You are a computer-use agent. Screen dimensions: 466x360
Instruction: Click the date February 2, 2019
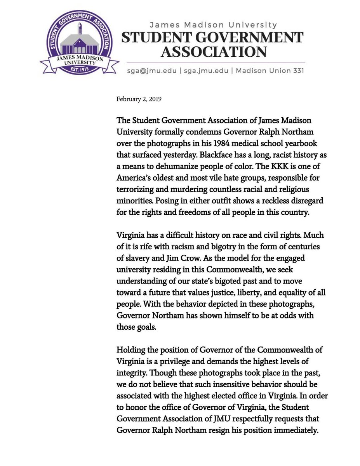(139, 99)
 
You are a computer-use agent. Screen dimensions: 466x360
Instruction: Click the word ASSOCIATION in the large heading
(214, 51)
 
